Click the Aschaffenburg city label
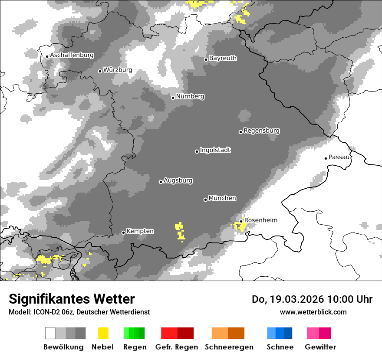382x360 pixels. click(72, 56)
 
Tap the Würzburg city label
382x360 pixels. click(117, 70)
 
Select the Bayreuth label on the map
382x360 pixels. click(223, 58)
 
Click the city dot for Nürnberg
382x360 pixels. click(173, 98)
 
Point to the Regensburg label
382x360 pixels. click(261, 131)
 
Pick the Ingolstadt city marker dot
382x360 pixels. click(197, 151)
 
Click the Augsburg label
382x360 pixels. click(178, 180)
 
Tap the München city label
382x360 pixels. click(222, 198)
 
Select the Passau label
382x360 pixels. click(339, 157)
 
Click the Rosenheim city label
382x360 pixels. click(260, 220)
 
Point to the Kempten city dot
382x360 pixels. click(123, 232)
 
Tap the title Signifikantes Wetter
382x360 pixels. click(72, 299)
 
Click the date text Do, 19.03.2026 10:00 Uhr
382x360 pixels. click(312, 299)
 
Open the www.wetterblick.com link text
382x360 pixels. click(313, 312)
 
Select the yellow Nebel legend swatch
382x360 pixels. click(103, 333)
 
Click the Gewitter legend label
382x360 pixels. click(320, 347)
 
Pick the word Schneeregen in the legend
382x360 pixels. click(229, 347)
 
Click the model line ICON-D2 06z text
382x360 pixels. click(79, 312)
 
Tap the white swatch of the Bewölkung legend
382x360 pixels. click(50, 333)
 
